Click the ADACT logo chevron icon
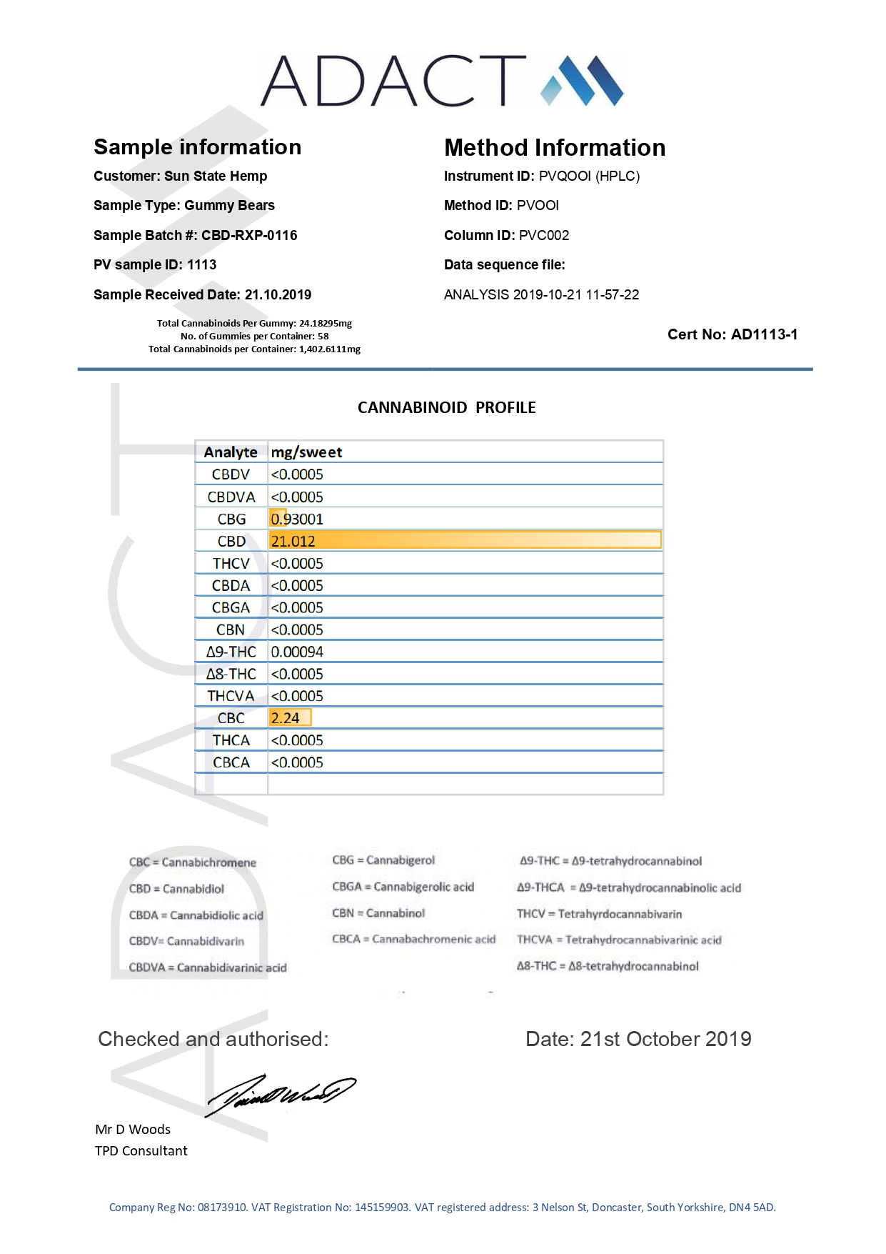tap(582, 80)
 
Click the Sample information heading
tap(197, 147)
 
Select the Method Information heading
tap(554, 148)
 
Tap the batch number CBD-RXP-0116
tap(249, 236)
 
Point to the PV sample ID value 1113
tap(202, 265)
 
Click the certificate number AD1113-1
tap(765, 334)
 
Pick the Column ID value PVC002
tap(544, 236)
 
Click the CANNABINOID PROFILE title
tap(446, 408)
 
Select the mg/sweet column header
tap(306, 452)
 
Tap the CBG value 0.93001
tap(297, 519)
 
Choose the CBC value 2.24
tap(286, 718)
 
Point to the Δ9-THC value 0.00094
tap(297, 652)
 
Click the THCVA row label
tap(231, 696)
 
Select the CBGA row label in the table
tap(231, 608)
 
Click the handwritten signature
tap(280, 1094)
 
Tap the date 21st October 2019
tap(665, 1039)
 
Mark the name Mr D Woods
tap(133, 1130)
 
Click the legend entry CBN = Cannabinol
tap(378, 913)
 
